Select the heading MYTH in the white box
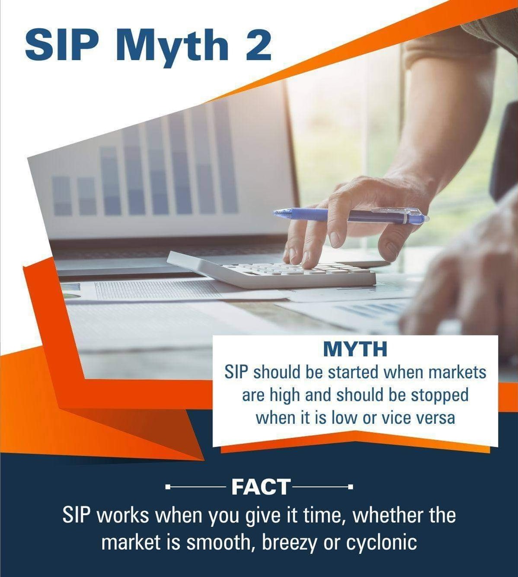click(x=355, y=349)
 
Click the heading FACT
click(x=261, y=487)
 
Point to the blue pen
click(x=350, y=215)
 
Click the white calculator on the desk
click(x=277, y=270)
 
